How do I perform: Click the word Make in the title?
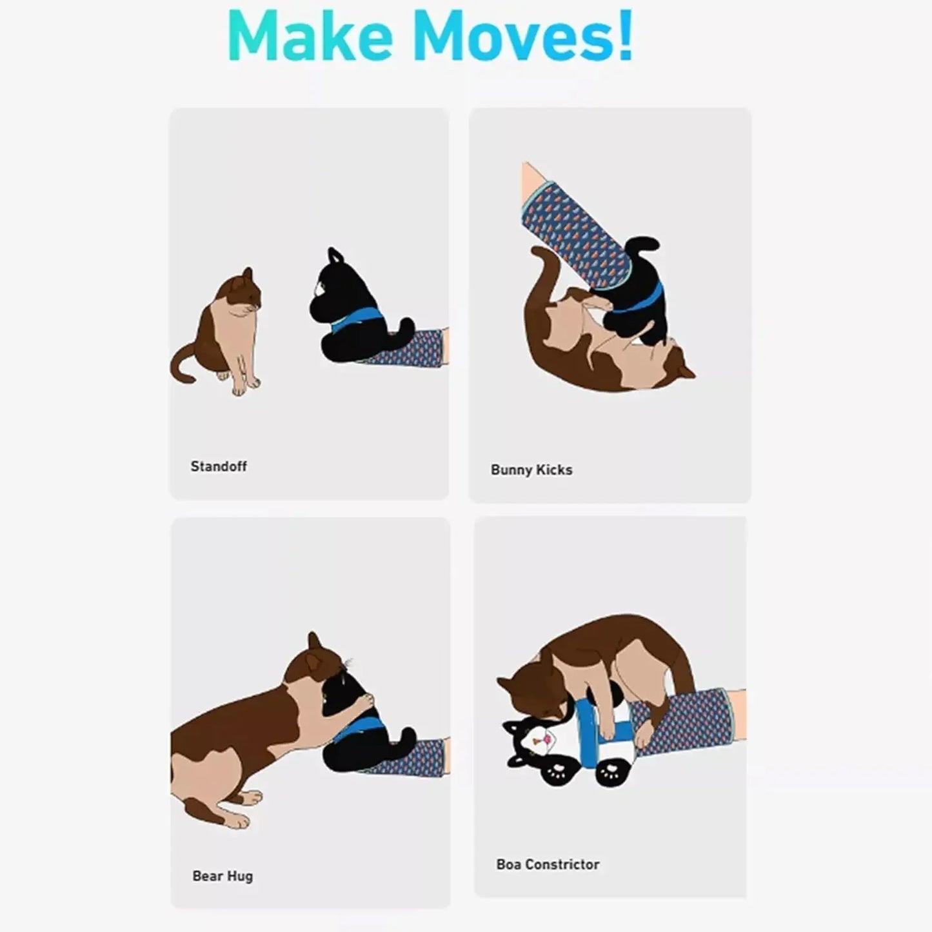pos(310,37)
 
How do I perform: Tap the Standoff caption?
pos(219,466)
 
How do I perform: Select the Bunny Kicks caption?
pos(531,470)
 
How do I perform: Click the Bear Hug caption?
pos(223,876)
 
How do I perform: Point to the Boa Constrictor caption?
pos(548,864)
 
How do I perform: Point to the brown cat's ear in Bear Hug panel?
pos(315,642)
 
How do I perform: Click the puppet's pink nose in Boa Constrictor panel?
pos(548,735)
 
